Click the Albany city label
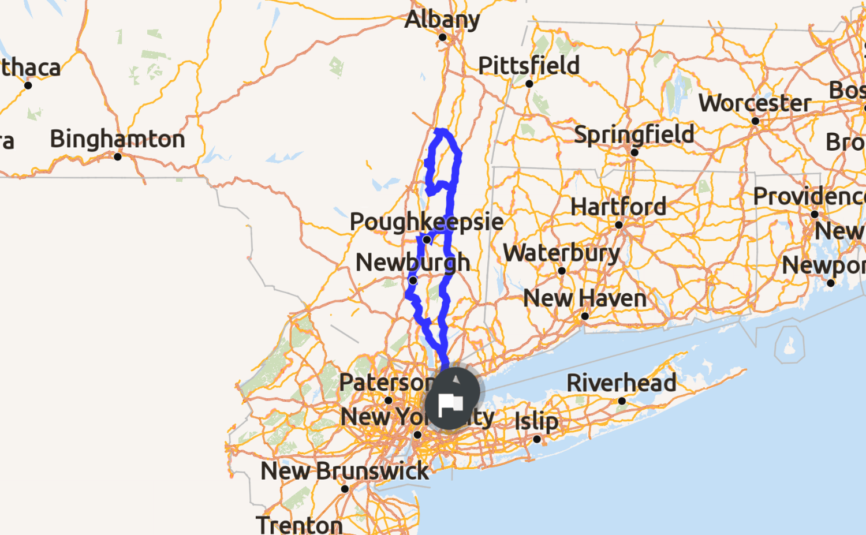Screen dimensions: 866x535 click(442, 20)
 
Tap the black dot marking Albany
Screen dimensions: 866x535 click(442, 38)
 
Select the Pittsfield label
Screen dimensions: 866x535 click(528, 66)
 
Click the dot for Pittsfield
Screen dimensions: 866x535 click(529, 84)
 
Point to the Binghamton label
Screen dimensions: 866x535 click(117, 139)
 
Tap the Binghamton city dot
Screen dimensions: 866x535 click(118, 156)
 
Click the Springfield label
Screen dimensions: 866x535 click(634, 134)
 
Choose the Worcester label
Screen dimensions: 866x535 click(755, 103)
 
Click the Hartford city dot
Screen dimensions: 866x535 click(618, 225)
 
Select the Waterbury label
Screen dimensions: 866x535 click(561, 253)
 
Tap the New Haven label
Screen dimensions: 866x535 click(584, 298)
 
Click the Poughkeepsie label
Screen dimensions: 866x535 click(426, 222)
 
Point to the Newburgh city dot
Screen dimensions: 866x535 click(413, 280)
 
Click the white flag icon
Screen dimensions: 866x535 click(451, 403)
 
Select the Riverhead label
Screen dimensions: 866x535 click(621, 383)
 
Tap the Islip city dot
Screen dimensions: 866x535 click(536, 439)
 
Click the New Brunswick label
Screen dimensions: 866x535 click(345, 472)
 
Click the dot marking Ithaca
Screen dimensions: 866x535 click(28, 85)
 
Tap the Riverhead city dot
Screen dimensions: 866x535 click(622, 401)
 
